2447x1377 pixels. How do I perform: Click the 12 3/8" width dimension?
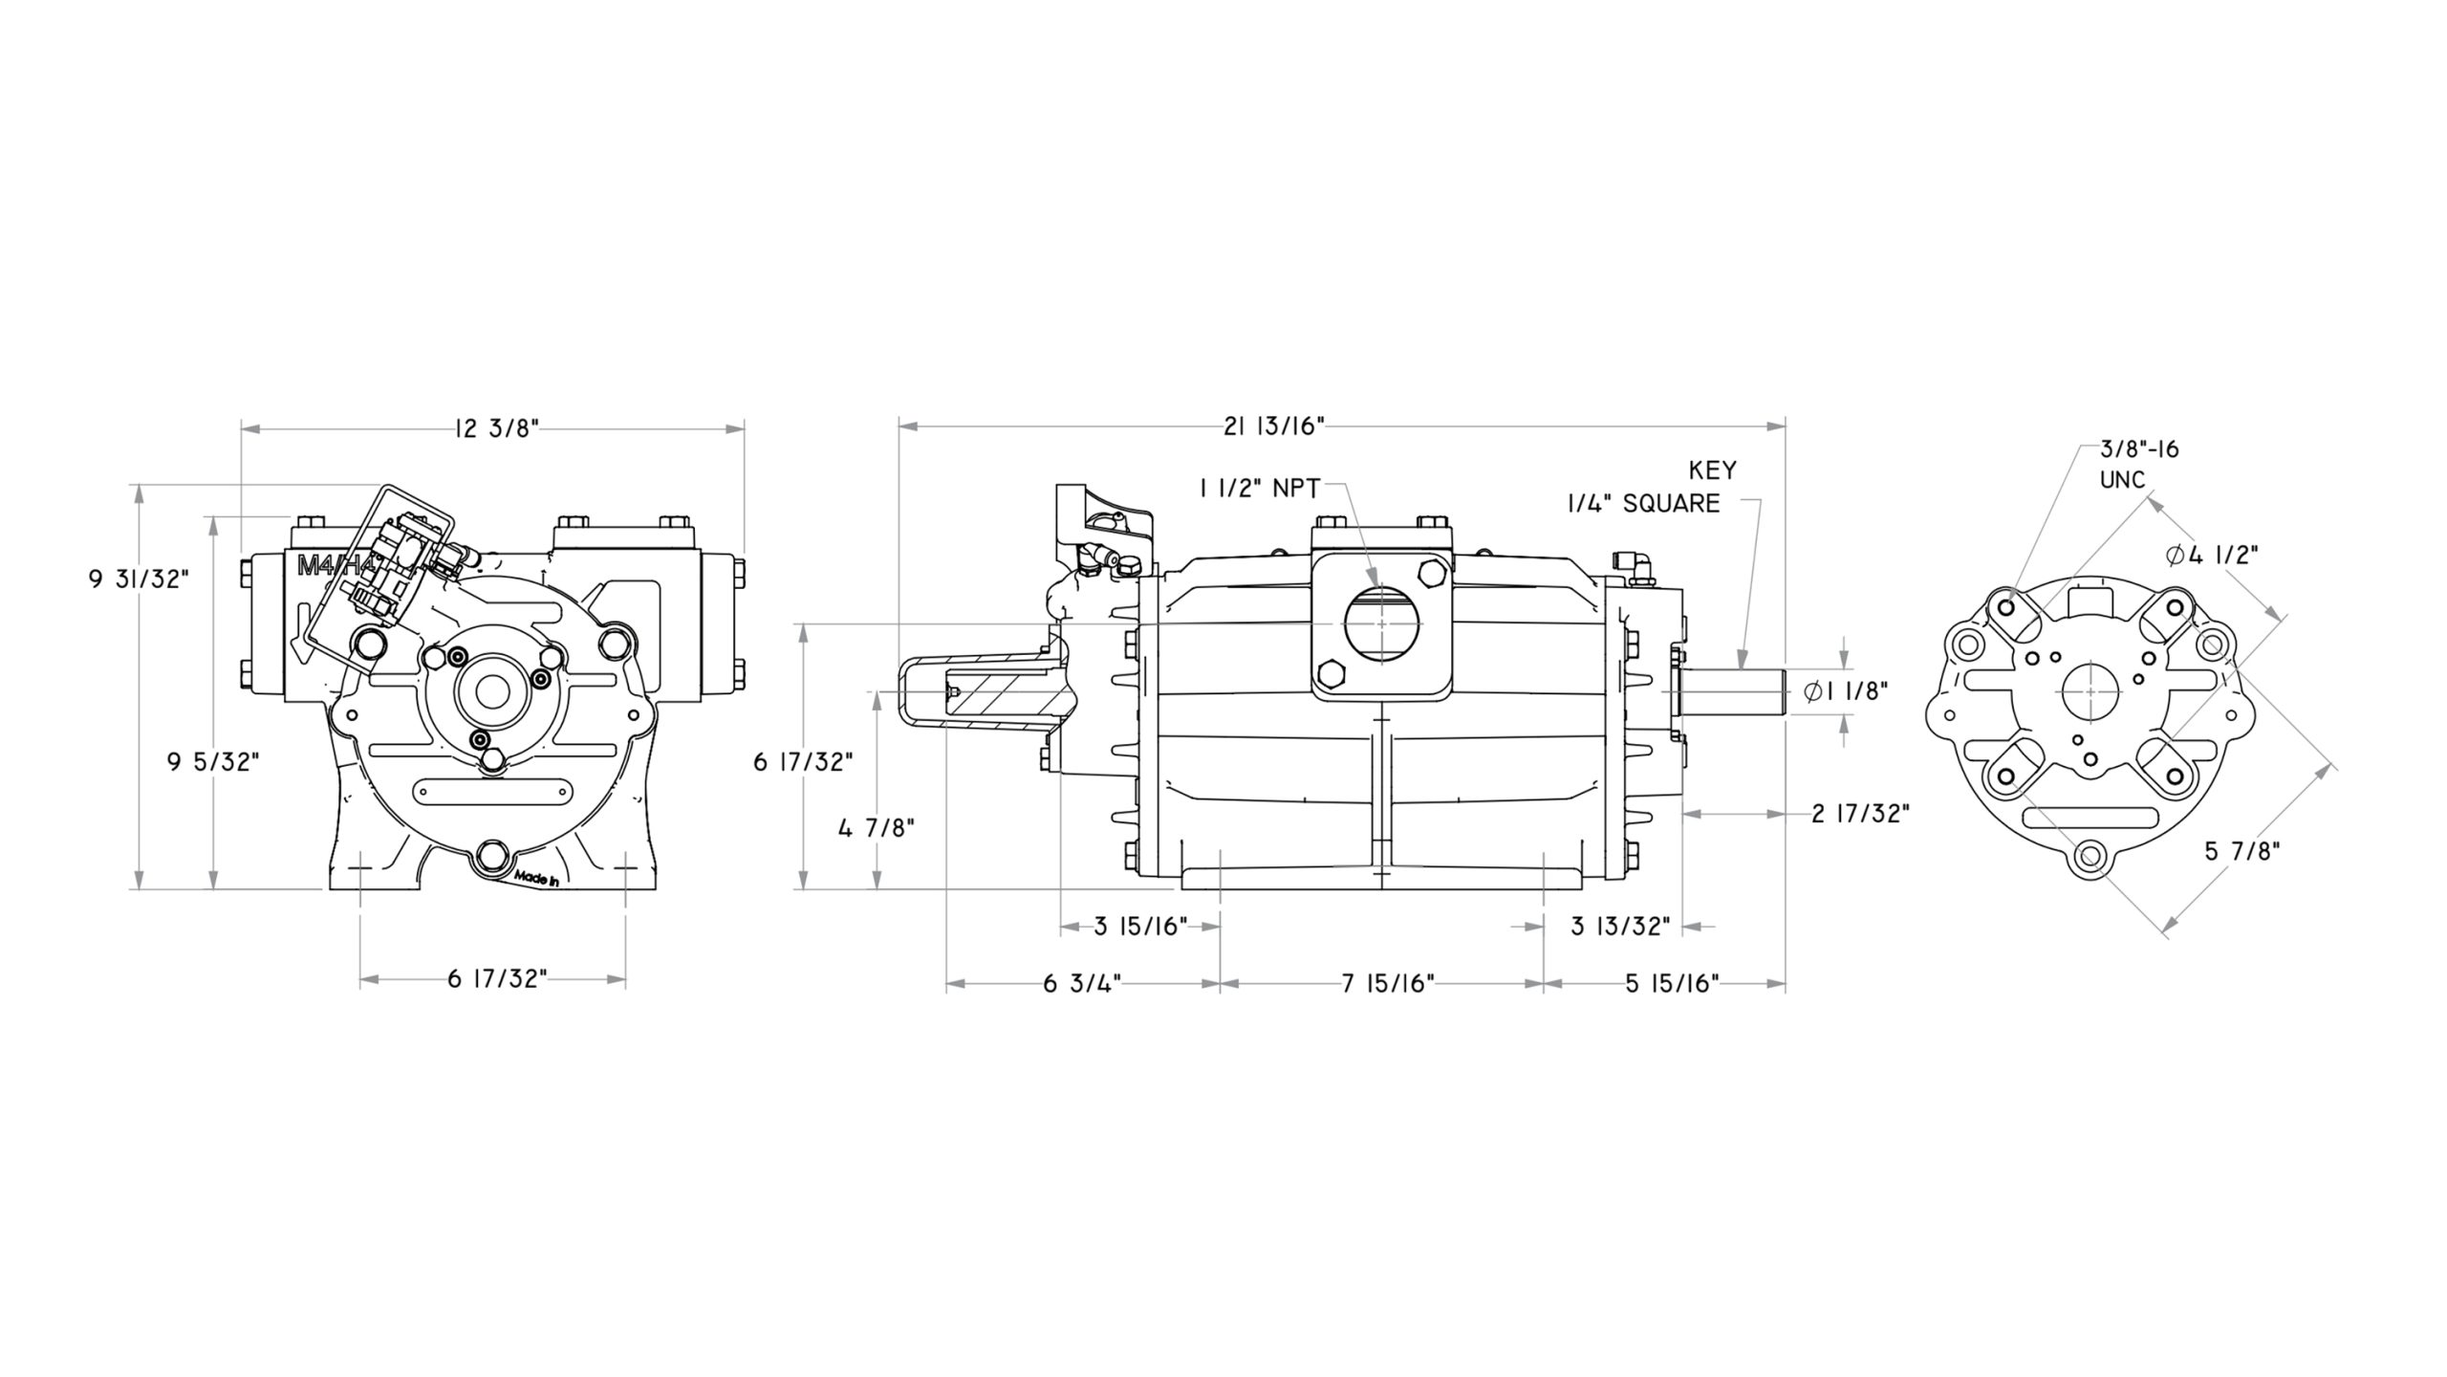coord(497,428)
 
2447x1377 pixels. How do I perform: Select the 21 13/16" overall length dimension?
coord(1274,426)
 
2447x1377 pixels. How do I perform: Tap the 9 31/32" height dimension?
coord(140,579)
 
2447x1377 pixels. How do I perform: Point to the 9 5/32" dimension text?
coord(213,762)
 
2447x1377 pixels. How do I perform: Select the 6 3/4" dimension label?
coord(1082,984)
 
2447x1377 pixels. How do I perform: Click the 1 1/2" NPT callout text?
coord(1259,489)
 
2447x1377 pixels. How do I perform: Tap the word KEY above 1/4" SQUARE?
coord(1713,470)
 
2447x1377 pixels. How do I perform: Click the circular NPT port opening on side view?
coord(1379,624)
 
